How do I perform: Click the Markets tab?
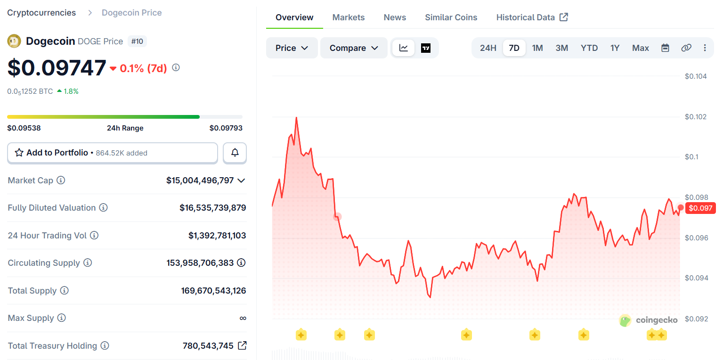pos(349,17)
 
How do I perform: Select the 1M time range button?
pos(537,48)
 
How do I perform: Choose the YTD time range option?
pos(589,48)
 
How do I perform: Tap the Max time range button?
pos(641,48)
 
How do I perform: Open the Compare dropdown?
pos(354,48)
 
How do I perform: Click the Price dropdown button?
pos(292,48)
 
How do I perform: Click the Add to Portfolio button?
pos(112,153)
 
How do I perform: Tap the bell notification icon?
pos(235,153)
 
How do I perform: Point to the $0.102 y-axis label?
pos(696,117)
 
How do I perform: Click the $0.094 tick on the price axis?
pos(696,278)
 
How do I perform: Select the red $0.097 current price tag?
pos(700,208)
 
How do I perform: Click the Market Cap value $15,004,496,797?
pos(200,180)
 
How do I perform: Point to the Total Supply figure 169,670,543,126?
pos(213,291)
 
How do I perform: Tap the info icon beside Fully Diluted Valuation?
pos(104,208)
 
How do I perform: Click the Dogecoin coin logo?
pos(14,41)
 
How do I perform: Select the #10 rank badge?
pos(137,41)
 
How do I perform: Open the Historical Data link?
pos(532,17)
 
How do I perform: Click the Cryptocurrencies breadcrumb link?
pos(41,13)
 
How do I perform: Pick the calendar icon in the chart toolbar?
pos(665,48)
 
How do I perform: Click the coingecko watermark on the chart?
pos(649,320)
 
